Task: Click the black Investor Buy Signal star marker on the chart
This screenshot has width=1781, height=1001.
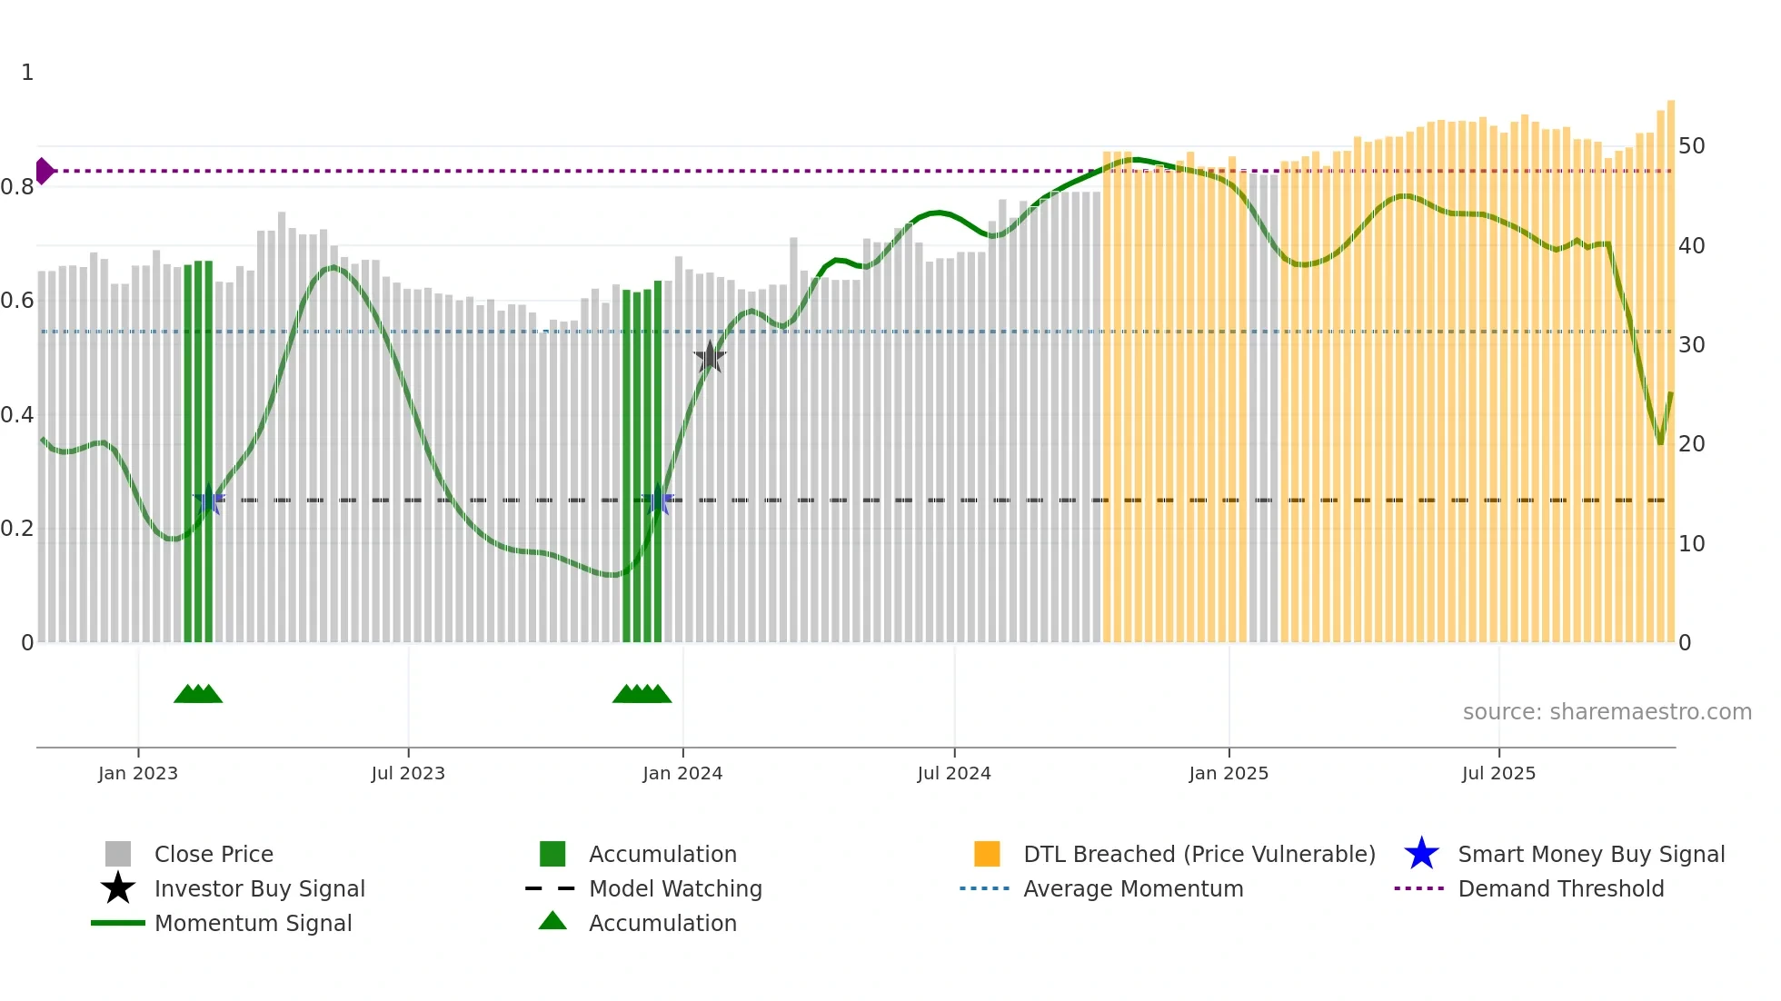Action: (710, 357)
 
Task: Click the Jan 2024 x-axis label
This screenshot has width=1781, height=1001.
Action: (682, 773)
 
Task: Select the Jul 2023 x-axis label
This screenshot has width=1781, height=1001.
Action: (408, 773)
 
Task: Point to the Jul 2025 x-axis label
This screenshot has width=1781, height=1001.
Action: (1498, 773)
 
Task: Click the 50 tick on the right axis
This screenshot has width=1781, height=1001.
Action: (1691, 146)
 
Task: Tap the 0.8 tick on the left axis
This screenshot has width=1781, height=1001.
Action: (17, 187)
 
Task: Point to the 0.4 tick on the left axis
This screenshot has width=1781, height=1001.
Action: (17, 415)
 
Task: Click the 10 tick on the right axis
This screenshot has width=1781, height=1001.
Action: (1691, 544)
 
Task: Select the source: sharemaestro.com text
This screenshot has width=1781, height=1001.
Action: (1607, 712)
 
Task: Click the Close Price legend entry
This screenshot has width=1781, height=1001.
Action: (214, 854)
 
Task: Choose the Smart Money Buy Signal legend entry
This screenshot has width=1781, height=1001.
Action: (1590, 854)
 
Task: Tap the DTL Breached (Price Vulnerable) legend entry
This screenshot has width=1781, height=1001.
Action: (1199, 854)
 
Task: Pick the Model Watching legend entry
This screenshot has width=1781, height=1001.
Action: (675, 888)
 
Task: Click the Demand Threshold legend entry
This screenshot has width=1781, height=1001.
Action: (1560, 888)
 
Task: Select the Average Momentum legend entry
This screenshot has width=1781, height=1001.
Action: (1132, 888)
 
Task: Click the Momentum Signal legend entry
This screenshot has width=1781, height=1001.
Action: (253, 923)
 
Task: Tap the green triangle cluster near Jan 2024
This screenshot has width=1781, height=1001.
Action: (642, 695)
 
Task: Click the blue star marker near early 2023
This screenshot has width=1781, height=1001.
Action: (209, 499)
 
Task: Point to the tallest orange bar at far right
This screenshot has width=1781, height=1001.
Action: (1670, 363)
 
